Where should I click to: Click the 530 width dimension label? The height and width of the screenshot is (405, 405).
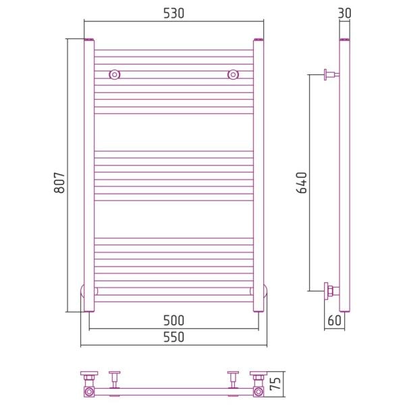174,13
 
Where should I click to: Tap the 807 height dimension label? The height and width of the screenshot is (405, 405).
59,183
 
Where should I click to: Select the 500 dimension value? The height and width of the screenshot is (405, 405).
174,321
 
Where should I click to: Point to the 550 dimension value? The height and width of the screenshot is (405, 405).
174,337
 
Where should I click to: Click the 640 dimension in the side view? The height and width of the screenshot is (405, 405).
302,183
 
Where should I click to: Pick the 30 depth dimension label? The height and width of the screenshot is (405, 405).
344,13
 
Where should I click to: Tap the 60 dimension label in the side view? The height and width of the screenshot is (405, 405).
335,321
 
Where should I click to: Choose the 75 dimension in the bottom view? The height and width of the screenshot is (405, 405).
275,383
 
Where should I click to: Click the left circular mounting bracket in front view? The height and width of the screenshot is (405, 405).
115,75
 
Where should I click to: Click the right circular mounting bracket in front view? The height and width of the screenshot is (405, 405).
233,75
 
